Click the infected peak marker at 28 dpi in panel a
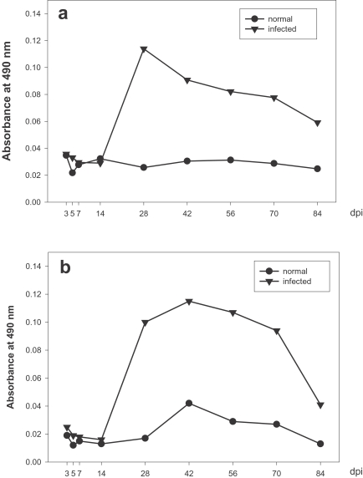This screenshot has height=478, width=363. tap(144, 49)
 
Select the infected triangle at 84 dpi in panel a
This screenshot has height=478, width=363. tap(318, 123)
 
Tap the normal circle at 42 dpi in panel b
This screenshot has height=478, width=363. tap(189, 404)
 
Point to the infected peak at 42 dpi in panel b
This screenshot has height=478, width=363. tap(189, 302)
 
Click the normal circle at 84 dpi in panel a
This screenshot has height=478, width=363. tap(318, 169)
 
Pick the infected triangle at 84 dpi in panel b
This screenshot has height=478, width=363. tap(320, 405)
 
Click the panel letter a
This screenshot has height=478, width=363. tap(63, 14)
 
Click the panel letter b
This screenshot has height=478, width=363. tap(65, 267)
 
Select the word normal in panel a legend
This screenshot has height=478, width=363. tap(280, 19)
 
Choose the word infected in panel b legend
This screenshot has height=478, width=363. tap(297, 281)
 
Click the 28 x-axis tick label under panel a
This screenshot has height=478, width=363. tap(144, 213)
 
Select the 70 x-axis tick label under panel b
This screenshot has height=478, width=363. tap(276, 473)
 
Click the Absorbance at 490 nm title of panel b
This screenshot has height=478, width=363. tap(10, 357)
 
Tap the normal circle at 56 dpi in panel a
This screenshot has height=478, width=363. tap(231, 160)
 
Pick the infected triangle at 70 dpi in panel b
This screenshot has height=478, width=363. tap(277, 331)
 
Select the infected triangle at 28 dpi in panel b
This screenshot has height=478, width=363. tap(146, 323)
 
